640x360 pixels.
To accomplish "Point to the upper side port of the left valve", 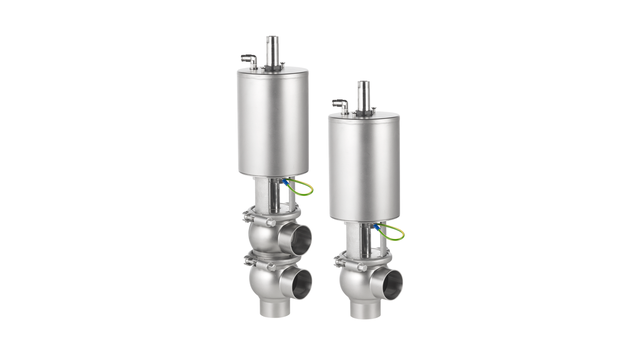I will pyautogui.click(x=299, y=236).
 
